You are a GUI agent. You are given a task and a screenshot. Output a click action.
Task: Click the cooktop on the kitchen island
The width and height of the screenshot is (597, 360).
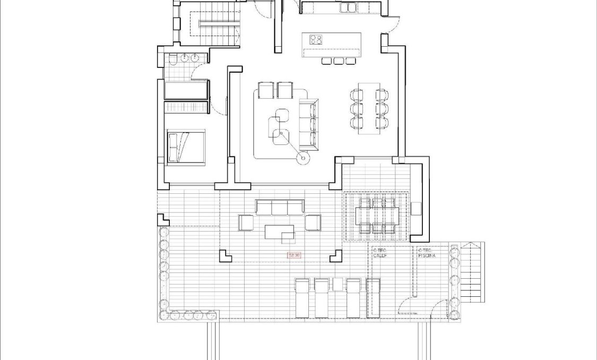[316, 39]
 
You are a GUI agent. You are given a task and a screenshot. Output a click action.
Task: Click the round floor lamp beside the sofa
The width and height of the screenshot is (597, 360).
[303, 157]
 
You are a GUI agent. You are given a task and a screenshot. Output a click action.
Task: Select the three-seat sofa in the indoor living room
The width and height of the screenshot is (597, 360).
[308, 124]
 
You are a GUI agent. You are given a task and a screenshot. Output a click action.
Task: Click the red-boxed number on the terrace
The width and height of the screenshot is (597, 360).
[294, 255]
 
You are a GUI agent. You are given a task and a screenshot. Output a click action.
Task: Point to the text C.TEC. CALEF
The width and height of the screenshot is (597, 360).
[380, 253]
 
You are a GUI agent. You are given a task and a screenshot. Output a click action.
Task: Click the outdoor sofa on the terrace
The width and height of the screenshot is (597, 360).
[280, 207]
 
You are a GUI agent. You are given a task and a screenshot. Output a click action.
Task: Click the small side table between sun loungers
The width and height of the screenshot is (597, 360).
[337, 284]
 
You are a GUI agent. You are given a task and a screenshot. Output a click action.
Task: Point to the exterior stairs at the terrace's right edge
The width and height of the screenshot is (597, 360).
[472, 272]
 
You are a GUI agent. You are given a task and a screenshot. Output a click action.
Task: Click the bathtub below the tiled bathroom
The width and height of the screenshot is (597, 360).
[185, 90]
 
